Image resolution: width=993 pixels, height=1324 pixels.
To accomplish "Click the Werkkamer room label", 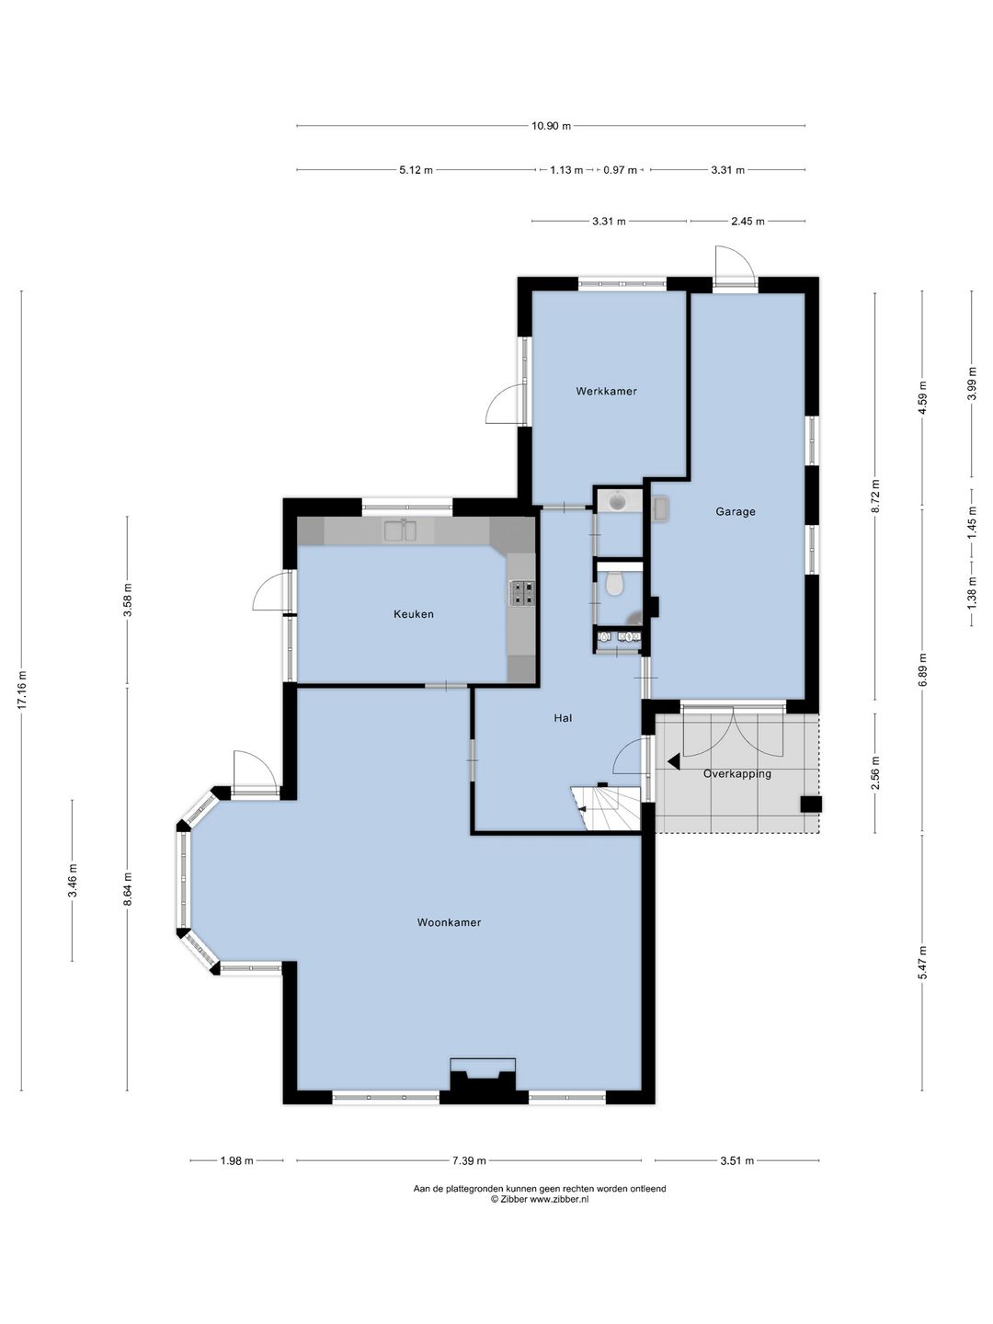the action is click(606, 391).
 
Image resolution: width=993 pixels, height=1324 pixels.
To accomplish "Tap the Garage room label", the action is click(735, 511).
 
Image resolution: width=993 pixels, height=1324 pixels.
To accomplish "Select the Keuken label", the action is click(414, 614).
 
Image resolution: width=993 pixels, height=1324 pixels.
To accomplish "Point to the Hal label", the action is click(563, 718).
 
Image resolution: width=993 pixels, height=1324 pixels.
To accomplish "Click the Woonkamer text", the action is click(450, 922).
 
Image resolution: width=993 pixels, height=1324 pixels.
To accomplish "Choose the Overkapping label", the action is click(736, 774).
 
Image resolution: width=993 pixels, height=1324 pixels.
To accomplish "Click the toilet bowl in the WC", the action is click(614, 583).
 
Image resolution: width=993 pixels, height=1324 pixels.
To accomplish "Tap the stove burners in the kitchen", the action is click(521, 592).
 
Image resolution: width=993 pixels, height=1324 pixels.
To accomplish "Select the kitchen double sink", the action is click(400, 531).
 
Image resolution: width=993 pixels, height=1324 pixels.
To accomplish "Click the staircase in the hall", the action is click(607, 809).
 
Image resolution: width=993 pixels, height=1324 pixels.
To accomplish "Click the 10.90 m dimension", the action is click(551, 126).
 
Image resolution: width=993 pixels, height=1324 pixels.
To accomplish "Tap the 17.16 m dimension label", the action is click(22, 690).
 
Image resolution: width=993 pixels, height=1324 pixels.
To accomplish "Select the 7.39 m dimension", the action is click(469, 1160).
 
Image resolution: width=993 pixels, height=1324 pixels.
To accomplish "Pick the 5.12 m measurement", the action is click(416, 170).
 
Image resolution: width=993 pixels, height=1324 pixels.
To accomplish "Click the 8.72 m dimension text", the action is click(875, 496).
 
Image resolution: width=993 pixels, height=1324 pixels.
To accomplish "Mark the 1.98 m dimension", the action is click(236, 1160).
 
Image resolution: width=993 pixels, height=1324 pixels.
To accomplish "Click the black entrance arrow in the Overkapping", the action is click(673, 762).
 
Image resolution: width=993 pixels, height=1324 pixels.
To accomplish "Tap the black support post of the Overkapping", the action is click(811, 804).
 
